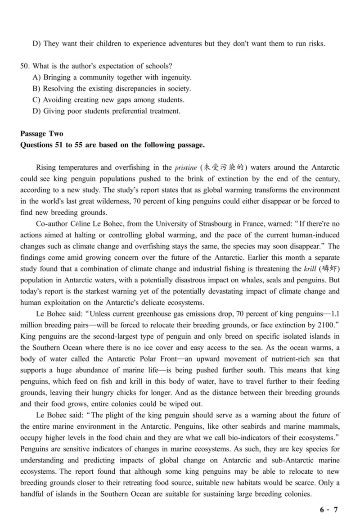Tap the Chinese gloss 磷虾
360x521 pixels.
point(327,269)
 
